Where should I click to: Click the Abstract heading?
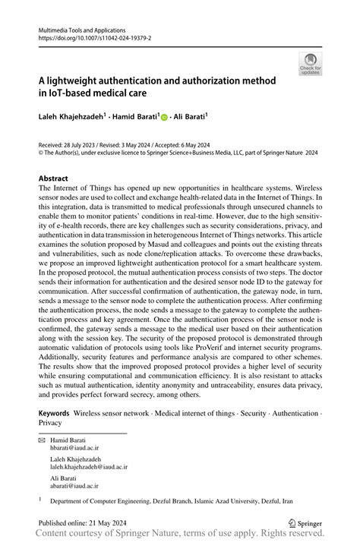[58, 178]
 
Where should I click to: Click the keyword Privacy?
[51, 422]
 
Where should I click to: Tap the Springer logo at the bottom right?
[305, 522]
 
